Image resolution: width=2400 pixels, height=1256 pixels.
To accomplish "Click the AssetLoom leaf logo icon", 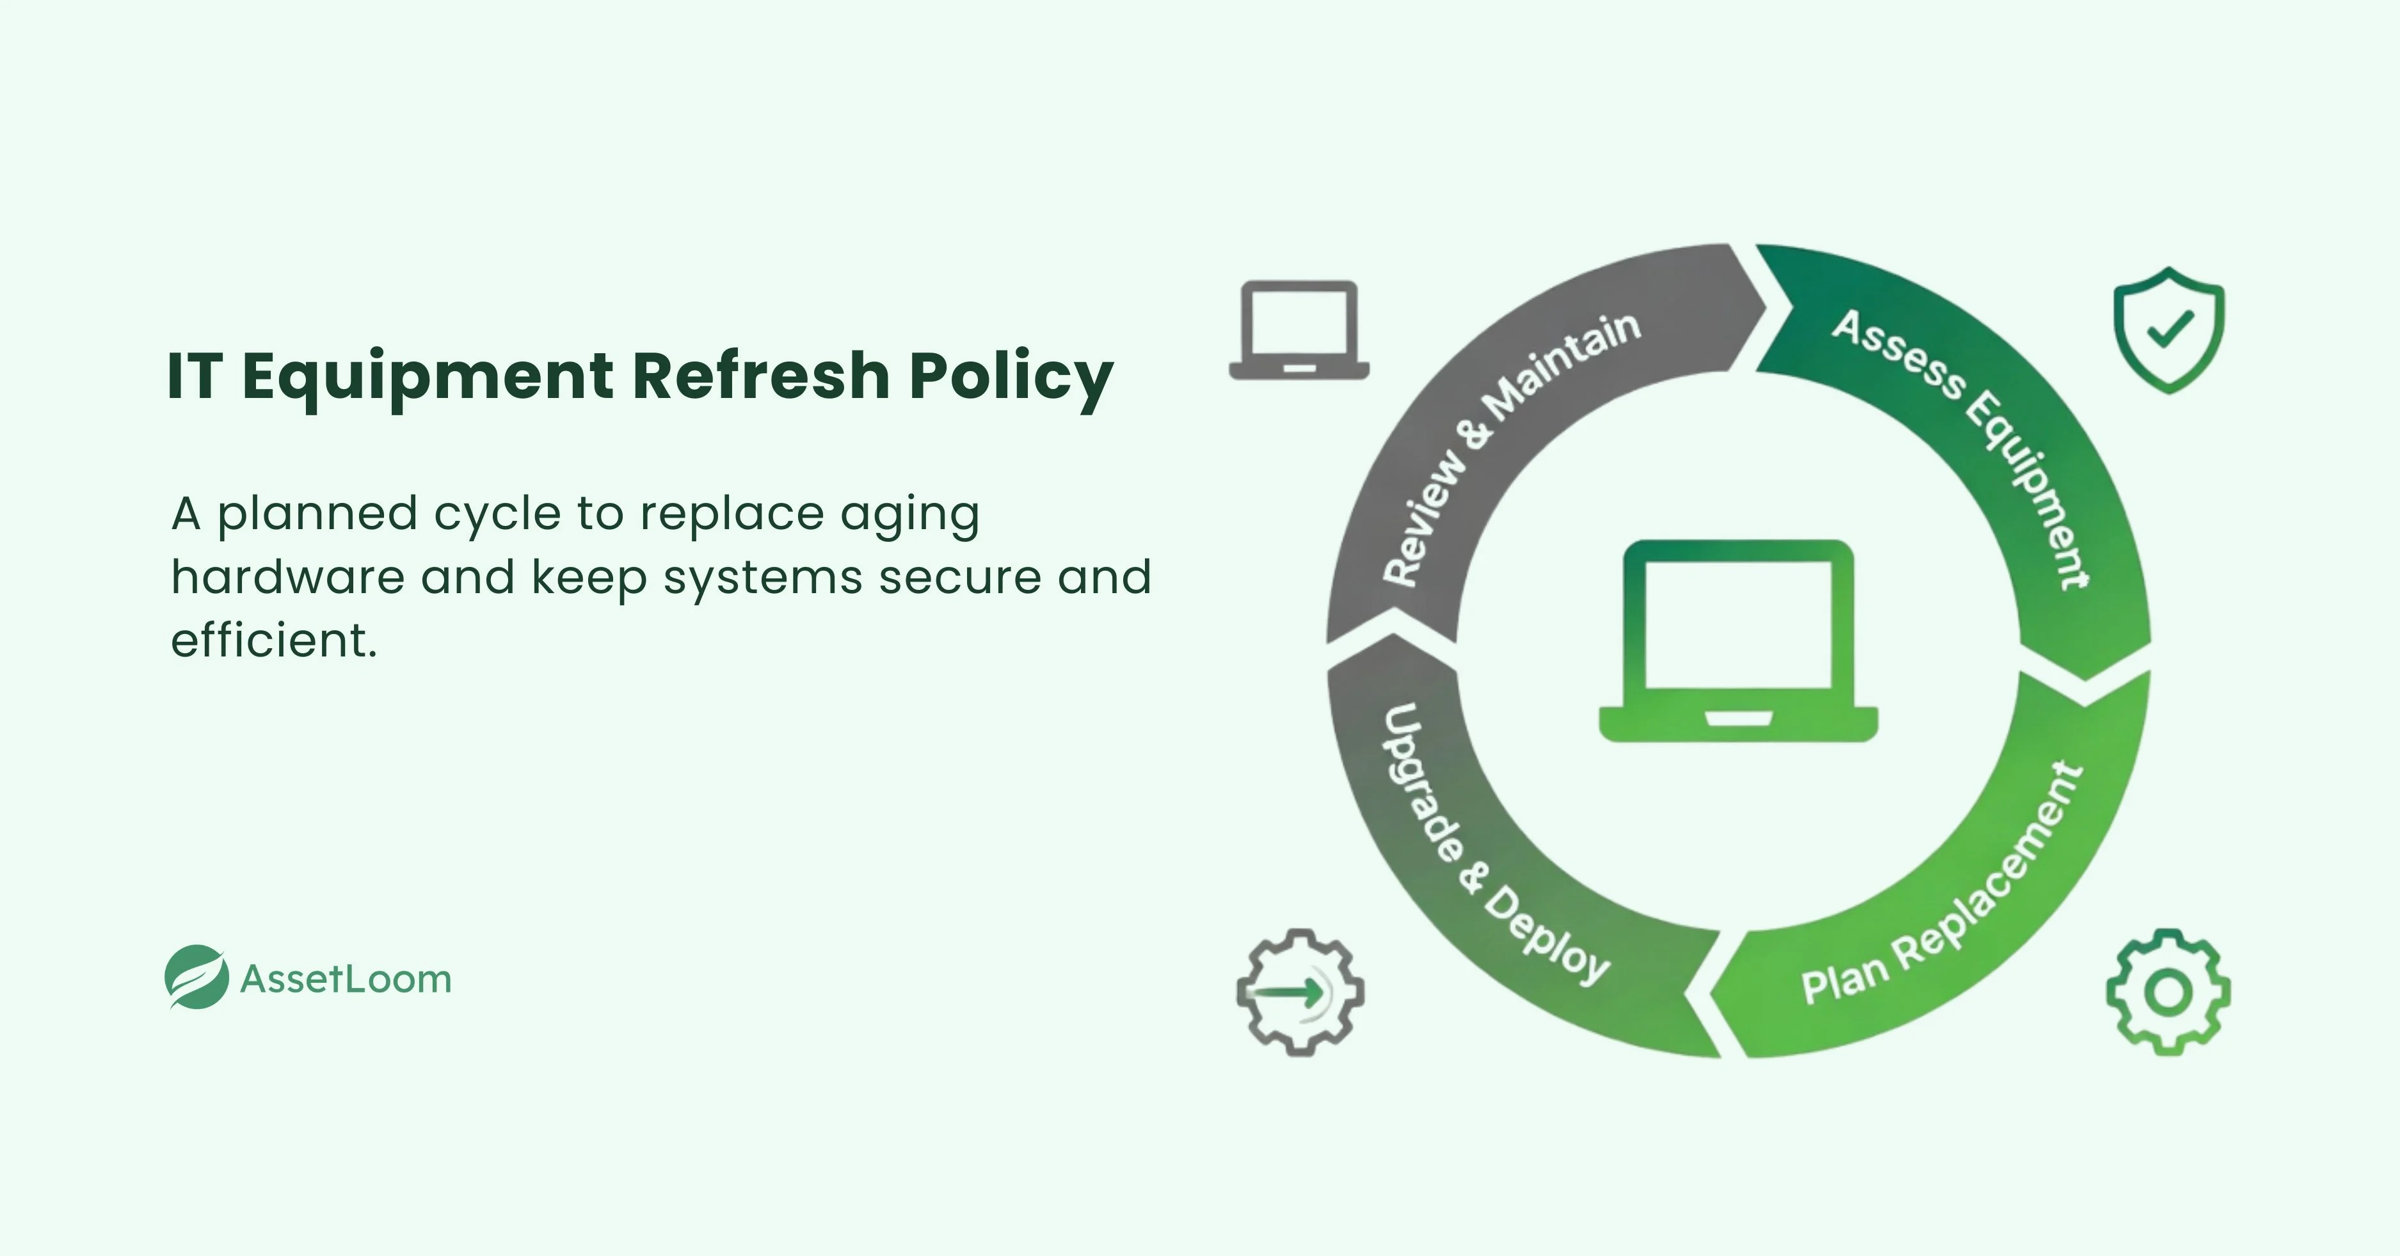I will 196,978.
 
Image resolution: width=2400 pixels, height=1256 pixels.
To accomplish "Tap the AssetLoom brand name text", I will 346,979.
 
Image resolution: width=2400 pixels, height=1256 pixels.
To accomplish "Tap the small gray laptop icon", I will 1299,331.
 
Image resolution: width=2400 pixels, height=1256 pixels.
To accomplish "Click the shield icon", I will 2168,330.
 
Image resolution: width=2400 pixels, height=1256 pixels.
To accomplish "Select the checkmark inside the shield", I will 2169,329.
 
